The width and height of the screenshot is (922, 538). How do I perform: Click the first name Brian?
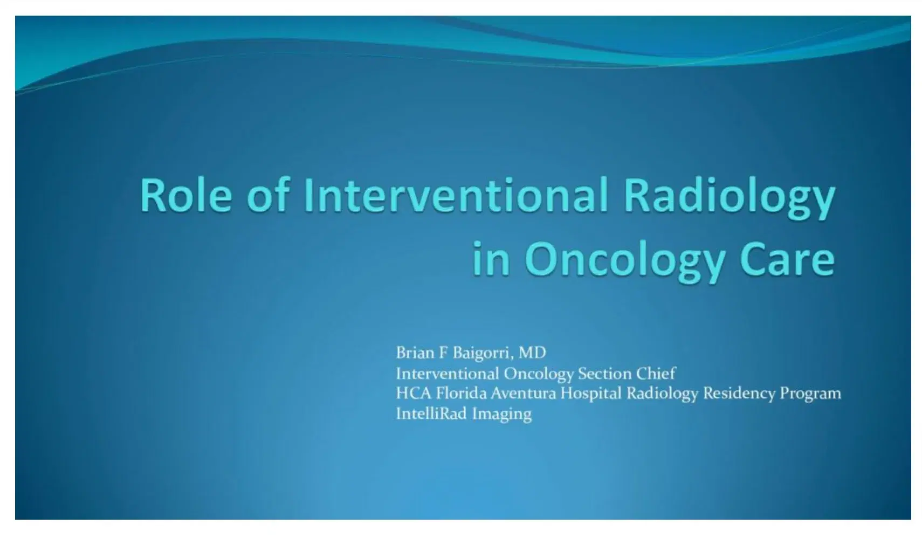point(415,353)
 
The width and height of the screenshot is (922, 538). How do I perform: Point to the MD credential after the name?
point(532,353)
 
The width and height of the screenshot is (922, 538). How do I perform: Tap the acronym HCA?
point(414,394)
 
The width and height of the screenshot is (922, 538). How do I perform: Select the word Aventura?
point(523,394)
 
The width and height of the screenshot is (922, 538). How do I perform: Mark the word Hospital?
point(591,394)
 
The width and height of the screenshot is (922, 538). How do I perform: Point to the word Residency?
point(739,394)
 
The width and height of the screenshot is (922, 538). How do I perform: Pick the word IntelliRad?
point(431,414)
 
